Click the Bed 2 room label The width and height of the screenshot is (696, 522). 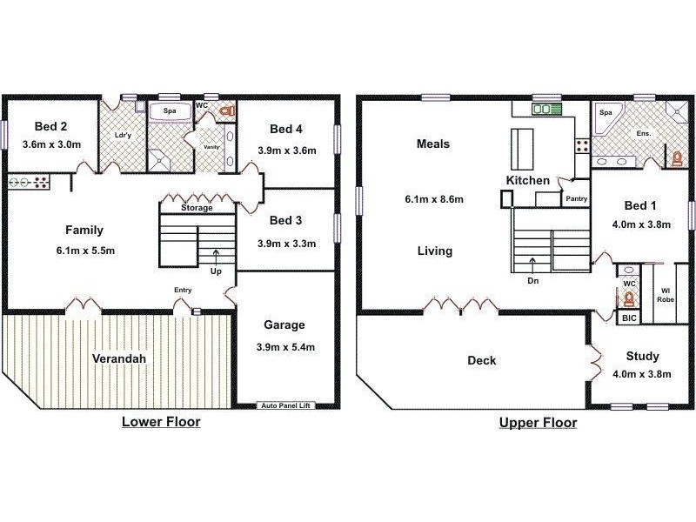tap(50, 126)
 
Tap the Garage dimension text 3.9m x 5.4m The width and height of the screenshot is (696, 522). tap(285, 347)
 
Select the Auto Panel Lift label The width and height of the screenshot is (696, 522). tap(285, 405)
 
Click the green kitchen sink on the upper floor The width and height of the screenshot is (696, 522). tap(547, 109)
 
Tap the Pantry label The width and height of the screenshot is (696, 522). tap(576, 199)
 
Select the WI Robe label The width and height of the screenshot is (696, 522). tap(666, 295)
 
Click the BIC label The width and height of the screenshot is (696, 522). tap(629, 318)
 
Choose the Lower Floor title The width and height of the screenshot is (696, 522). tap(161, 422)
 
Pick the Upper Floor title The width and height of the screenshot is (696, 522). tap(538, 423)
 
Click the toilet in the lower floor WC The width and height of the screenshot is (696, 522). tap(227, 110)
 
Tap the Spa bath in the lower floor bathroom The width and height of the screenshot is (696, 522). tap(169, 111)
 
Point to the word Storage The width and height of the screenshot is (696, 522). tap(197, 208)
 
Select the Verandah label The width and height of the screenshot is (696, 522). tap(119, 358)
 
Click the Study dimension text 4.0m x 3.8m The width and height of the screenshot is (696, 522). tap(642, 374)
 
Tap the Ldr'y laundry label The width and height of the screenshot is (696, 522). tap(123, 135)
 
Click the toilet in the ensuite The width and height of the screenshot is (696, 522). tap(677, 158)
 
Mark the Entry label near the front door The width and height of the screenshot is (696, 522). tap(183, 290)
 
